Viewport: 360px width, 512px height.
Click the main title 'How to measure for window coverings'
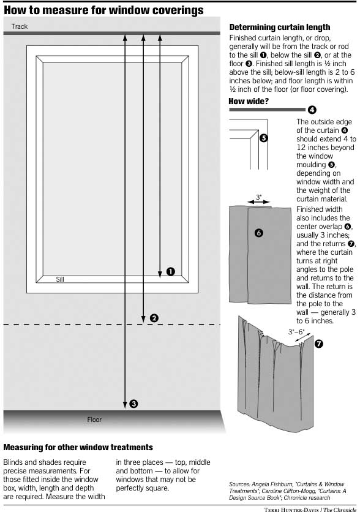pyautogui.click(x=104, y=10)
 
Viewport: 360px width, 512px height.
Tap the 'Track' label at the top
pyautogui.click(x=20, y=26)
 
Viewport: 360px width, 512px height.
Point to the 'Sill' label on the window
pyautogui.click(x=60, y=279)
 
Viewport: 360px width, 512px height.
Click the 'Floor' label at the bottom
pyautogui.click(x=94, y=420)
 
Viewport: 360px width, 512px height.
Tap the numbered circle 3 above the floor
pyautogui.click(x=134, y=404)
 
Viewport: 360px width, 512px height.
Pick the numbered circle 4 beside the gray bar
pyautogui.click(x=312, y=110)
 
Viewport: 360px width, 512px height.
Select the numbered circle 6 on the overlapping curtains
pyautogui.click(x=258, y=233)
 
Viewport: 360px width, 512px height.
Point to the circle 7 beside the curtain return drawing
pyautogui.click(x=318, y=344)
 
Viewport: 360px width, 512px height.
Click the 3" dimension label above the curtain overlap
pyautogui.click(x=259, y=198)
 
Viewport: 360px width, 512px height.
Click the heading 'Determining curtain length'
pyautogui.click(x=279, y=28)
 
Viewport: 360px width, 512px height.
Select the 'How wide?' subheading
pyautogui.click(x=249, y=101)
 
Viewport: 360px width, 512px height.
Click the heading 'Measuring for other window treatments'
pyautogui.click(x=78, y=448)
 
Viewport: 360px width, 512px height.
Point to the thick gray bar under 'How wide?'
pyautogui.click(x=267, y=110)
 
